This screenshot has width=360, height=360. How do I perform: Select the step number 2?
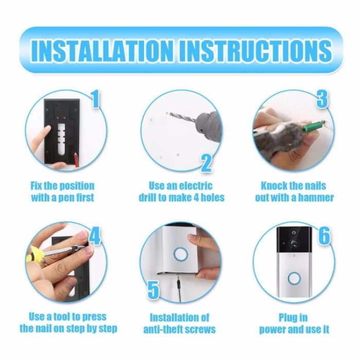[x=206, y=163]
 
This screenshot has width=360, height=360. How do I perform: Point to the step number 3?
[x=322, y=99]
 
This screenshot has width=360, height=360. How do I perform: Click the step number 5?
[x=153, y=290]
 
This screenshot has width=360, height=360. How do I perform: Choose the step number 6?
[x=323, y=236]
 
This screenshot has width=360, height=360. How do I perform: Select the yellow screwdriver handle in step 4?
[x=33, y=253]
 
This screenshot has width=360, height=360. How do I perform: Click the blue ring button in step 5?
[x=181, y=254]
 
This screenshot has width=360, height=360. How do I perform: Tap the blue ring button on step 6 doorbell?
[x=294, y=278]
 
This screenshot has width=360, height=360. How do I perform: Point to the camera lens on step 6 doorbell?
[x=294, y=242]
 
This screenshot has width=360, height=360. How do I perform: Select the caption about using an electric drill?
[x=181, y=191]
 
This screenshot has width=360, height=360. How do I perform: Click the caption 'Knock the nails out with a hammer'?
[x=294, y=191]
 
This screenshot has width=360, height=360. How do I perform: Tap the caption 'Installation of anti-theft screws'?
[x=179, y=323]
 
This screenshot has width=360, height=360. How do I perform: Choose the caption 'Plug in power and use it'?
[x=294, y=323]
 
